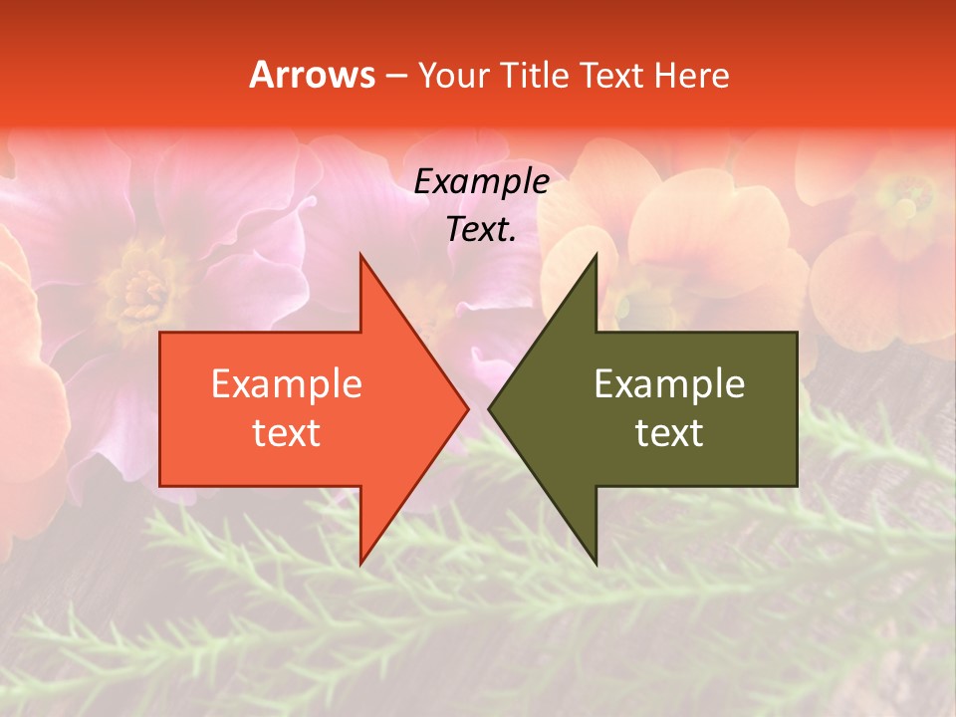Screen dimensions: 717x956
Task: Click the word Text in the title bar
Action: pos(611,75)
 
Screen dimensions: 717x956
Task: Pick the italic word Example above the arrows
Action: pos(481,181)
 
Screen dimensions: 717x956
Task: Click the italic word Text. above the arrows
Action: pos(481,230)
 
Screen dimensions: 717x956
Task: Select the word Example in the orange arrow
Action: pos(287,383)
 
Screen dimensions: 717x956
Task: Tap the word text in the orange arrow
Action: pos(287,433)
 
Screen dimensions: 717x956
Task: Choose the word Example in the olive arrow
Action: pos(669,383)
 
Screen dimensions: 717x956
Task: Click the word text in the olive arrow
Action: pos(669,433)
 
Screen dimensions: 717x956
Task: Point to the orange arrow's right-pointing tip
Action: pos(466,408)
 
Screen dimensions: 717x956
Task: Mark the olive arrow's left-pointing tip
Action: pos(491,408)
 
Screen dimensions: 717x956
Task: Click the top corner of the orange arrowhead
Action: pos(361,257)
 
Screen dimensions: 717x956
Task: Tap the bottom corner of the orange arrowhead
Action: pos(361,562)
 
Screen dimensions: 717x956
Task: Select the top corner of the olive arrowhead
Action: pos(595,257)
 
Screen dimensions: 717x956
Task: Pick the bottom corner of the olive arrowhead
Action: pos(595,562)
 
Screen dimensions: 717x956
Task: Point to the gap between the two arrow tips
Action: pos(478,408)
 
